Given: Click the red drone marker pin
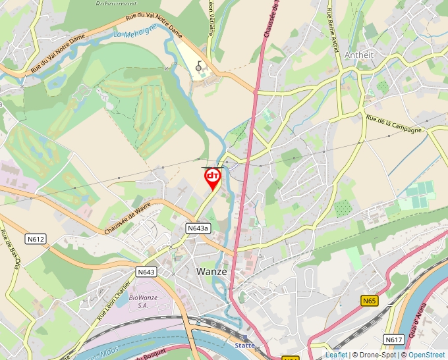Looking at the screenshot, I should pos(212,178).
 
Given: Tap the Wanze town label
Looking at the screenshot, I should pos(211,271).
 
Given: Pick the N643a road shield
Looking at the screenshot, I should pos(198,228).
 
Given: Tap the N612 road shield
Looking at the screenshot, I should pos(36,239).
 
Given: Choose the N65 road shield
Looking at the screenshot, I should pos(370,301).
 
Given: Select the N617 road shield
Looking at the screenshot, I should pos(393,340).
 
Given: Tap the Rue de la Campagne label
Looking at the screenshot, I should pos(393,125).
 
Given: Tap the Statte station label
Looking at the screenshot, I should pos(245,345).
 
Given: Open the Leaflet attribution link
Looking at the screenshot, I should pos(336,355).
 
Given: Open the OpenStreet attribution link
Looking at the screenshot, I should pos(426,355).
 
